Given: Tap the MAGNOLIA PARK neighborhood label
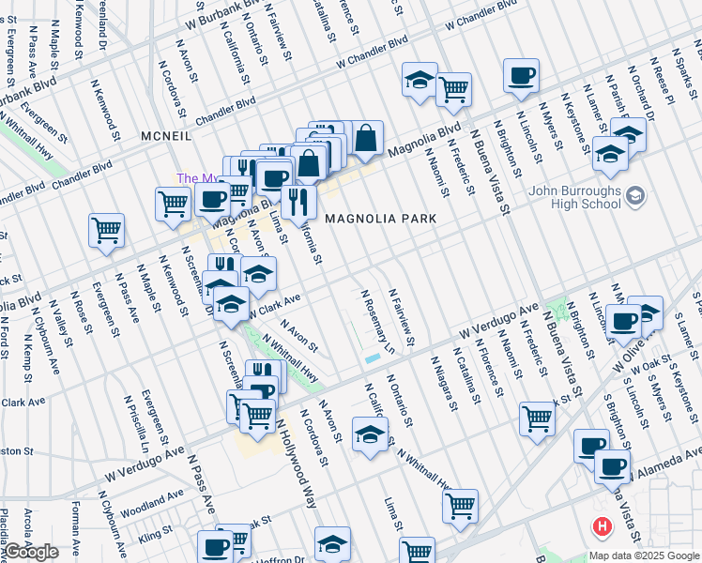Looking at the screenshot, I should (x=381, y=218).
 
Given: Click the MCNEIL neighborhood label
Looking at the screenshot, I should (x=166, y=137).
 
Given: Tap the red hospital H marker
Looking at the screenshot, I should (x=598, y=527).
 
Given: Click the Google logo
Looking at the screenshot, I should (x=31, y=552).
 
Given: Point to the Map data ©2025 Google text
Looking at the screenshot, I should (x=643, y=555).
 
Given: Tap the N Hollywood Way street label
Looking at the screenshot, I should (x=296, y=464).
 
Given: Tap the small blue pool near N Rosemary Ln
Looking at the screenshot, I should (x=374, y=358).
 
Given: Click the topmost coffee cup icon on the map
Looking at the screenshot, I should (x=521, y=76).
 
